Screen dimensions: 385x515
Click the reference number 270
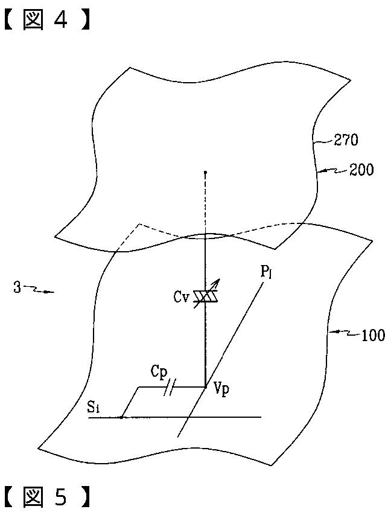click(346, 141)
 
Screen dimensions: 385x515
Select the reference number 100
click(371, 335)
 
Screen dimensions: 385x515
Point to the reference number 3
click(16, 287)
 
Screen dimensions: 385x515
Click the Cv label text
click(181, 296)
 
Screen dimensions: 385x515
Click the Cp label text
click(159, 373)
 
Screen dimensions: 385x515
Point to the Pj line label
click(267, 272)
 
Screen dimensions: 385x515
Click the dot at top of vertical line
click(205, 173)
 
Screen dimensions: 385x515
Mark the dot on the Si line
click(122, 417)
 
